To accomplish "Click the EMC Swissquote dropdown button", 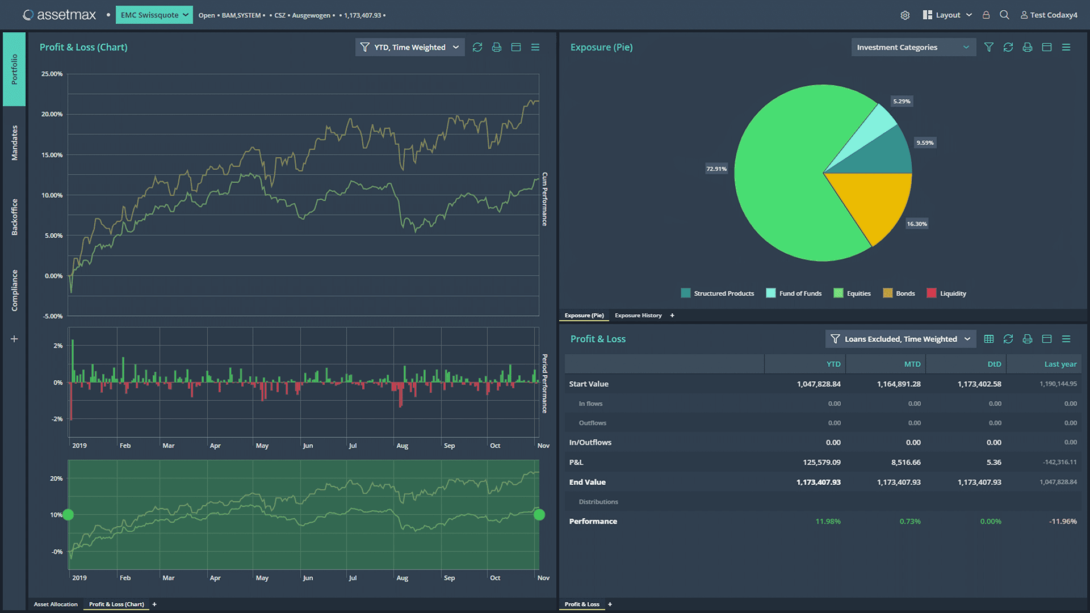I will (x=154, y=15).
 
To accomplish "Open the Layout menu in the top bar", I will (x=948, y=15).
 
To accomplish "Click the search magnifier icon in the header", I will (x=1004, y=15).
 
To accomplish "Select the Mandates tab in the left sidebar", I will (x=15, y=143).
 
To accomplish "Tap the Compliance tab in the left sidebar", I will (x=15, y=290).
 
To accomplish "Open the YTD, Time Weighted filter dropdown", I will (x=410, y=47).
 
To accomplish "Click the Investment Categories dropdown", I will (x=913, y=47).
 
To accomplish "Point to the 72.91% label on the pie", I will (x=716, y=169).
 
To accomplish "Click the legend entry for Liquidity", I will (x=952, y=293).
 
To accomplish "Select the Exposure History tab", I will (x=638, y=316).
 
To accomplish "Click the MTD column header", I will (x=912, y=364).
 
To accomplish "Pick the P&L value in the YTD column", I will (x=821, y=463).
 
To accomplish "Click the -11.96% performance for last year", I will (x=1062, y=522).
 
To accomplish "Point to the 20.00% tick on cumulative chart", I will (x=52, y=114).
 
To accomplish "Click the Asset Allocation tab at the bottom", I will (x=56, y=604).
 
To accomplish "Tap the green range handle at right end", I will (x=539, y=515).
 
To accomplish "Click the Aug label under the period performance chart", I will (x=402, y=446).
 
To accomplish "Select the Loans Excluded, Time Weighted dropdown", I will (x=900, y=339).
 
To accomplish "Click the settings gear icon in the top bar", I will (x=905, y=15).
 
